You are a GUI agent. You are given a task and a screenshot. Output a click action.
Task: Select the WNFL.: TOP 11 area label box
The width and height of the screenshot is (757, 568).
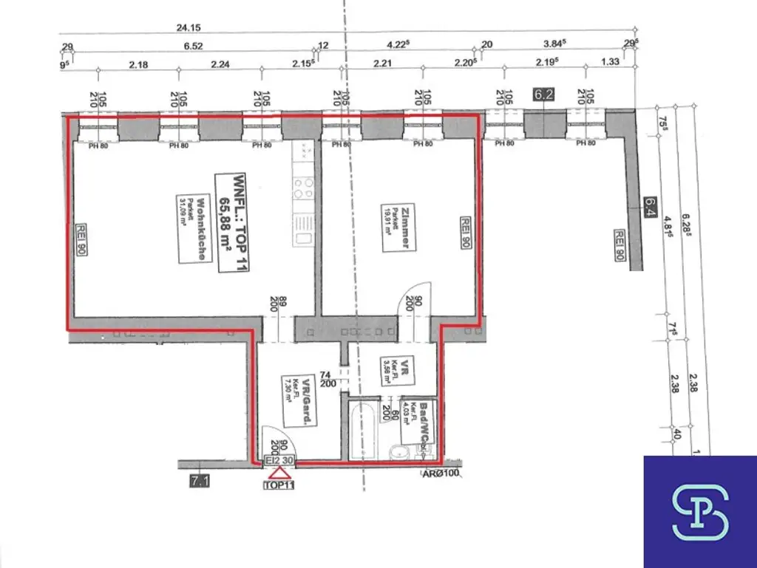tap(233, 222)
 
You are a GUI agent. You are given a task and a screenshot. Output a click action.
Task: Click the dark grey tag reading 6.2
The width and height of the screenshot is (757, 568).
tap(543, 95)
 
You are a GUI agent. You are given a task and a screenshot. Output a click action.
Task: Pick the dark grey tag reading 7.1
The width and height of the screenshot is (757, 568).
tap(200, 482)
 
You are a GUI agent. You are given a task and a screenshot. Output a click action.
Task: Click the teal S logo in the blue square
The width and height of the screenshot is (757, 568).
tap(699, 512)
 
